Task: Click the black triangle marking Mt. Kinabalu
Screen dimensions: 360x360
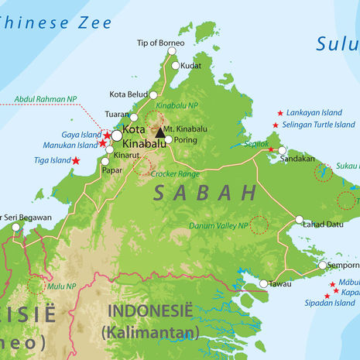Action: tap(160, 132)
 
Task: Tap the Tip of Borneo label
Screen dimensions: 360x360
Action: tap(161, 43)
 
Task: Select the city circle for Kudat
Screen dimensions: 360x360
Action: tap(174, 66)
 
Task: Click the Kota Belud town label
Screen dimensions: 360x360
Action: tap(129, 94)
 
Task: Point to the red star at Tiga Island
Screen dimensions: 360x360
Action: tap(76, 161)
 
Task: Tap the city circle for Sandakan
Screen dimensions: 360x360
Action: tap(282, 150)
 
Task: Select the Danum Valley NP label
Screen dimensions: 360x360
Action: tap(218, 226)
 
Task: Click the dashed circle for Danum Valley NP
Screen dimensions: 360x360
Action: tap(259, 225)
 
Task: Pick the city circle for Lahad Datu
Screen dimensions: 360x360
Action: tap(300, 220)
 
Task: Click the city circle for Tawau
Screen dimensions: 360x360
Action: tap(263, 284)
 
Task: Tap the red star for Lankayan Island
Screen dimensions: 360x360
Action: tap(279, 113)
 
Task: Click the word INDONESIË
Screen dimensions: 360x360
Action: tap(149, 312)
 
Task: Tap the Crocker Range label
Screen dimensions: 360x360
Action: tap(176, 174)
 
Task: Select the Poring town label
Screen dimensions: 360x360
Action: tap(186, 141)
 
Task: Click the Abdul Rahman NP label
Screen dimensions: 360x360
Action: tap(46, 98)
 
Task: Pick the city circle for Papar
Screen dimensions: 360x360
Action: tap(105, 162)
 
